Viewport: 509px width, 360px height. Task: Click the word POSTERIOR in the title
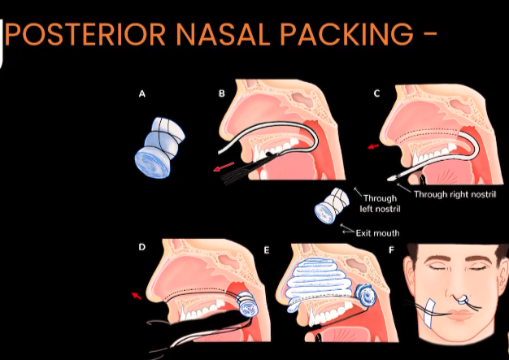click(x=85, y=33)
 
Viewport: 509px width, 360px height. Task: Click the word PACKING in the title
click(x=347, y=33)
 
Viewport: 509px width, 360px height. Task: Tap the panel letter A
click(x=141, y=94)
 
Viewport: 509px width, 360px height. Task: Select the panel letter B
click(x=222, y=93)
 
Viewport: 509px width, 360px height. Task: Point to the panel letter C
click(x=376, y=93)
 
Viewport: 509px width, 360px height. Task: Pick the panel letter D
click(x=141, y=247)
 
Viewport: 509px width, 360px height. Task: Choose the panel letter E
click(x=267, y=250)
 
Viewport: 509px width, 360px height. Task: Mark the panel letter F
click(x=391, y=250)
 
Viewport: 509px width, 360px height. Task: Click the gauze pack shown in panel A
click(x=159, y=147)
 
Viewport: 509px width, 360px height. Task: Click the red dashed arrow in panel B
click(x=224, y=166)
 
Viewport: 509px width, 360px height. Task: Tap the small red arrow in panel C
click(x=373, y=147)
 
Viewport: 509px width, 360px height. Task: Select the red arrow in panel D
click(x=137, y=296)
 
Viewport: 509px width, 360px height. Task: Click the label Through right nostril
click(x=455, y=194)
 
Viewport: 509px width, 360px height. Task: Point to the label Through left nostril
click(x=380, y=204)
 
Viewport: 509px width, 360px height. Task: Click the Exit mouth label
click(x=377, y=233)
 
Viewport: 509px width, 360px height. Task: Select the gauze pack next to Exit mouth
click(x=332, y=206)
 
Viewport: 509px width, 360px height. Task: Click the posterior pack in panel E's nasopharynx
click(x=365, y=295)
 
